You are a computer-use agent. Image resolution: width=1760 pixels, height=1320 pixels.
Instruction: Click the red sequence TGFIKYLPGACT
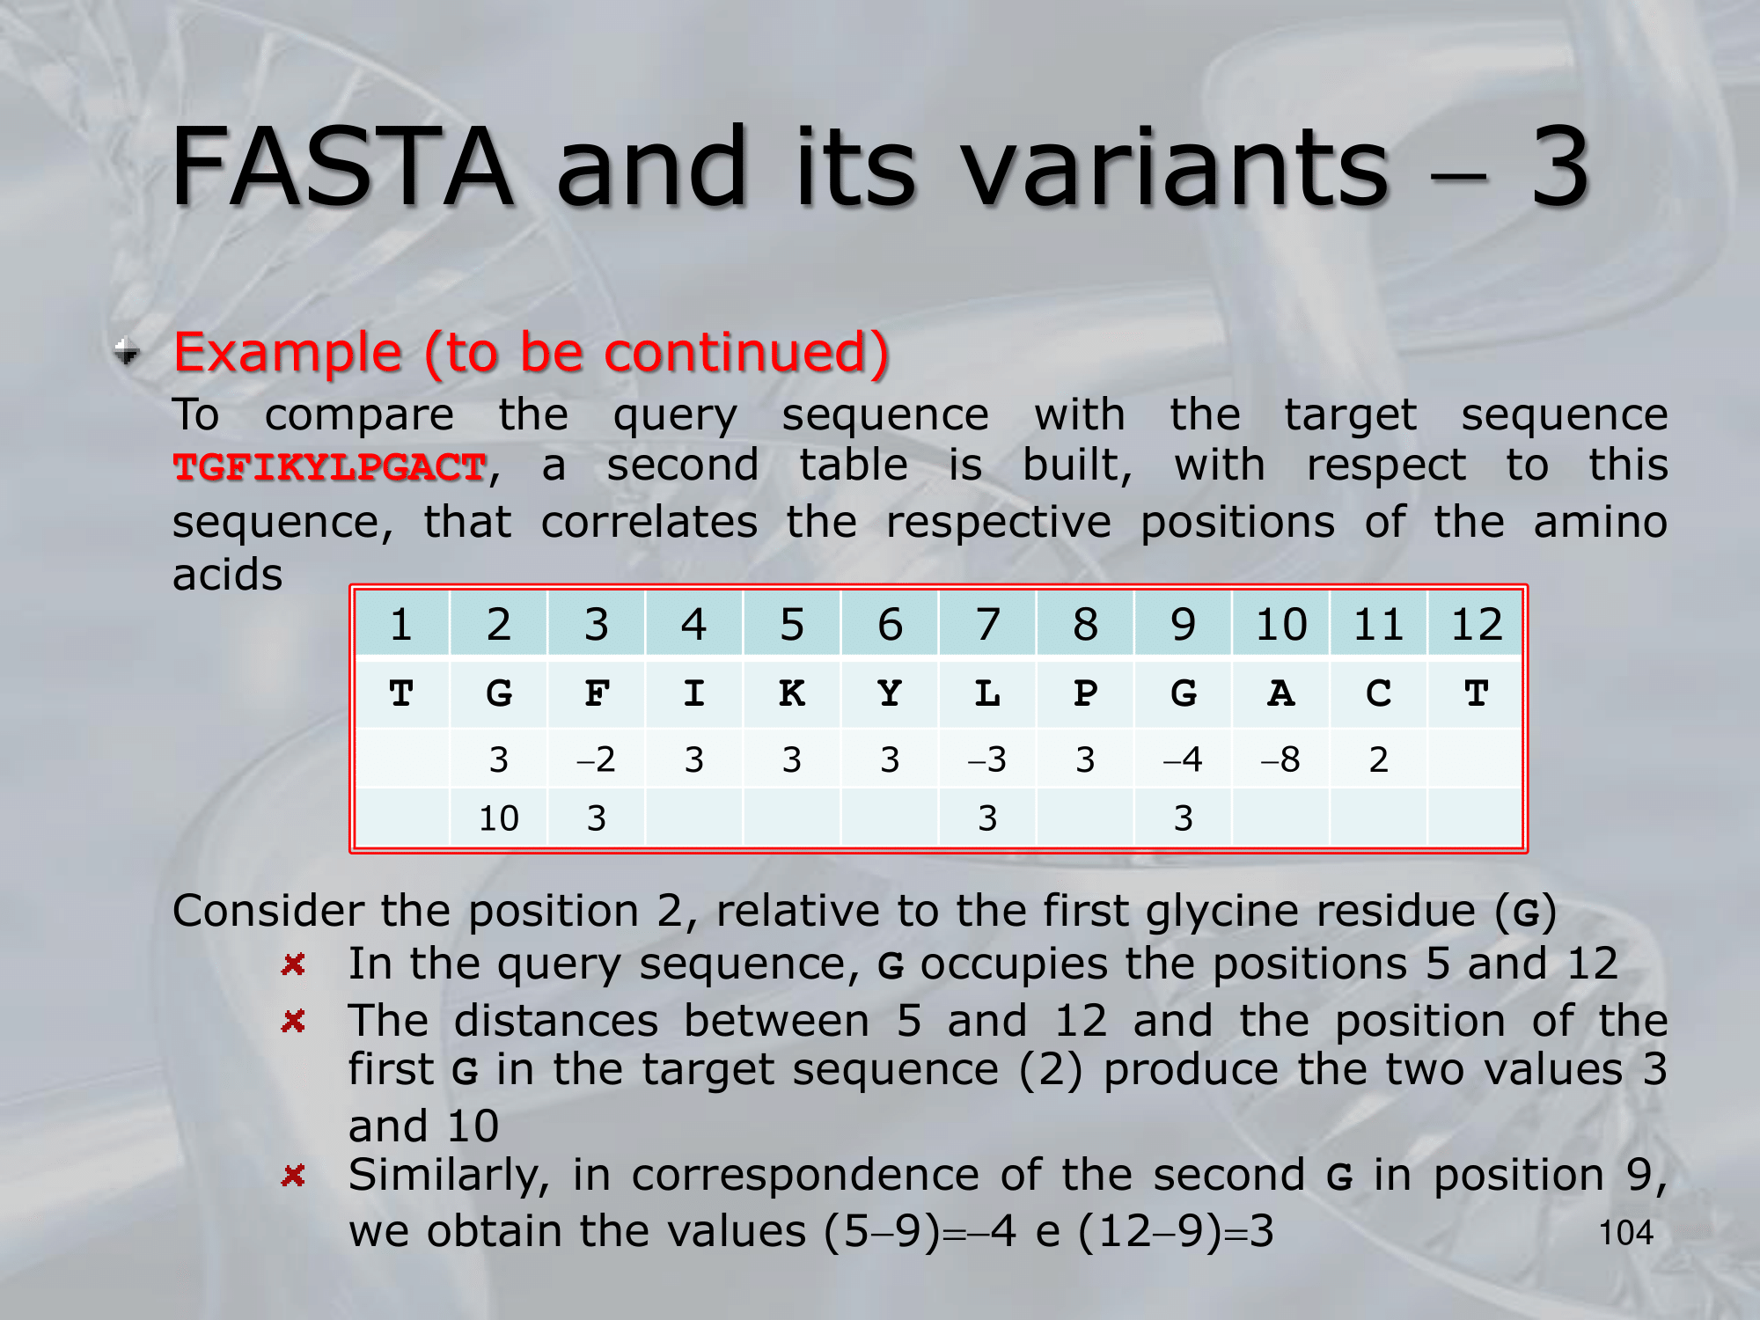pos(330,467)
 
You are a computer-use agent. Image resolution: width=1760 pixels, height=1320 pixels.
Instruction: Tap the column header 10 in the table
pos(1281,624)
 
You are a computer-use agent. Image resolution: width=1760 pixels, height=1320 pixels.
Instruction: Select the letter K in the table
pos(792,693)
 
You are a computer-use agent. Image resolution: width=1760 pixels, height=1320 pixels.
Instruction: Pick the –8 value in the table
pos(1280,759)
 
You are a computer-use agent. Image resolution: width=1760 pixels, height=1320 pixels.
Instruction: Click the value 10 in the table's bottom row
pos(499,818)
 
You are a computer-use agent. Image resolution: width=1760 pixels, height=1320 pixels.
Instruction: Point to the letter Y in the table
pos(890,693)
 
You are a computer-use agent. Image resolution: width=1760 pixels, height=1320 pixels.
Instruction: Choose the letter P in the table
pos(1085,693)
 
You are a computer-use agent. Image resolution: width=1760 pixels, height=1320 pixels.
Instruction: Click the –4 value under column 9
pos(1183,759)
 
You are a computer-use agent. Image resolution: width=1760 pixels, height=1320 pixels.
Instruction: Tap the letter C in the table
pos(1379,693)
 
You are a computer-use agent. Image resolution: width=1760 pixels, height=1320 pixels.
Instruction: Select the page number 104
pos(1626,1233)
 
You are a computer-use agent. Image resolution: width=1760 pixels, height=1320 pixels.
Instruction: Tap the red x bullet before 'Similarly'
pos(293,1175)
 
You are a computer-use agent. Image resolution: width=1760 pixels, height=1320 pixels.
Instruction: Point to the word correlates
pos(649,522)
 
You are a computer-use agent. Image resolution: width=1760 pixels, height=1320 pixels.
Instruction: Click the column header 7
pos(987,624)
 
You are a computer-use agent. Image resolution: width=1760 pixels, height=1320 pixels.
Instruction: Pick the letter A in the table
pos(1281,693)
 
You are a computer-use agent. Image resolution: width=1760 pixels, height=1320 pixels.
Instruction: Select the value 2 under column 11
pos(1379,759)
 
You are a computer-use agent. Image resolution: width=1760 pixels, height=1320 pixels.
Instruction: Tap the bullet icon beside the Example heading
pos(128,352)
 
